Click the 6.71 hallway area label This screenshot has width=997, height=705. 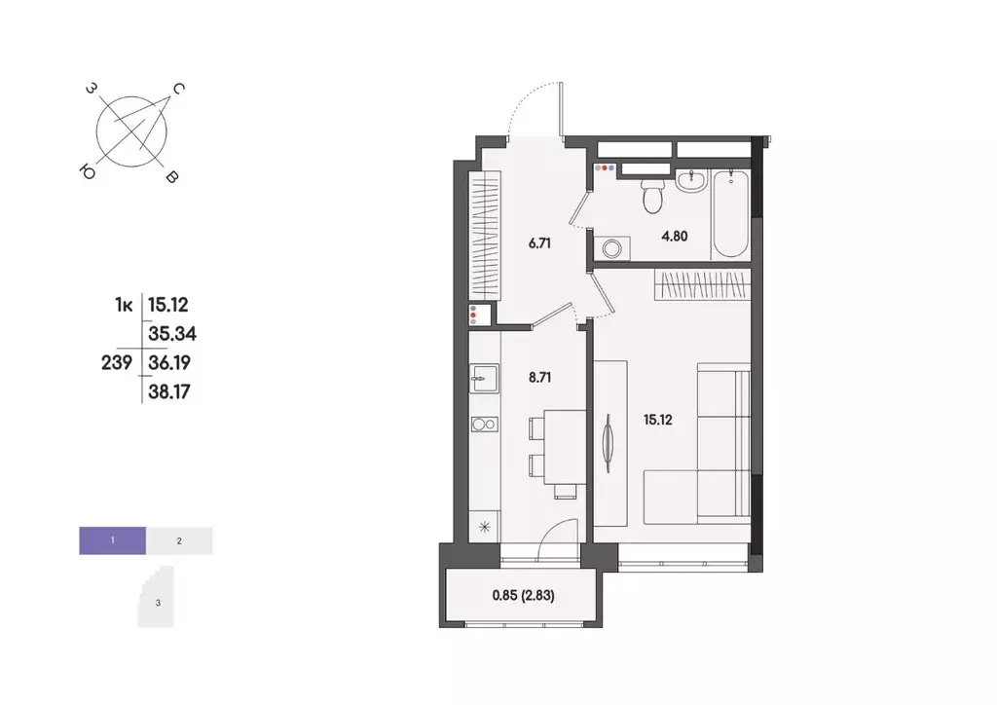540,243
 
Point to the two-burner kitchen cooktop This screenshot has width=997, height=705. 484,424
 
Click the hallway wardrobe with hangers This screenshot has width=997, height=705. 485,237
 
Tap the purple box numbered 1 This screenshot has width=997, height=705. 113,539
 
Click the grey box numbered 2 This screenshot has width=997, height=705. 179,539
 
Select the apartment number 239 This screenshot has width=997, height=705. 117,363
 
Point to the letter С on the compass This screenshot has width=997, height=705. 179,90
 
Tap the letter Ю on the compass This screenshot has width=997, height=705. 88,172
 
